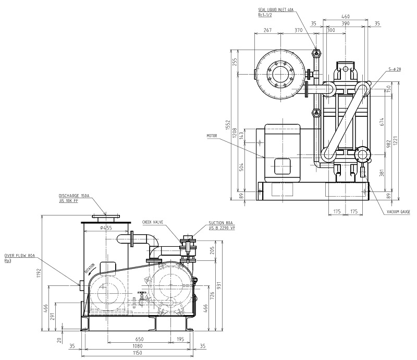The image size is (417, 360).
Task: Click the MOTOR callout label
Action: click(x=212, y=135)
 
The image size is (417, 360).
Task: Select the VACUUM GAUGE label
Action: click(x=399, y=212)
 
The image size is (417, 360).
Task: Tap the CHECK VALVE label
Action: click(x=153, y=222)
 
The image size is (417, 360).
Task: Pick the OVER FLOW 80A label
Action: click(x=19, y=255)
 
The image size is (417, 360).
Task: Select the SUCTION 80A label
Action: click(x=220, y=222)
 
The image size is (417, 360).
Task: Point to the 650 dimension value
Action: click(x=138, y=338)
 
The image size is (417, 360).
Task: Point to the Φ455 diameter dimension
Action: click(x=106, y=228)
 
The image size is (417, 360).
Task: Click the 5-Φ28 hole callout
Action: click(x=395, y=69)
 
